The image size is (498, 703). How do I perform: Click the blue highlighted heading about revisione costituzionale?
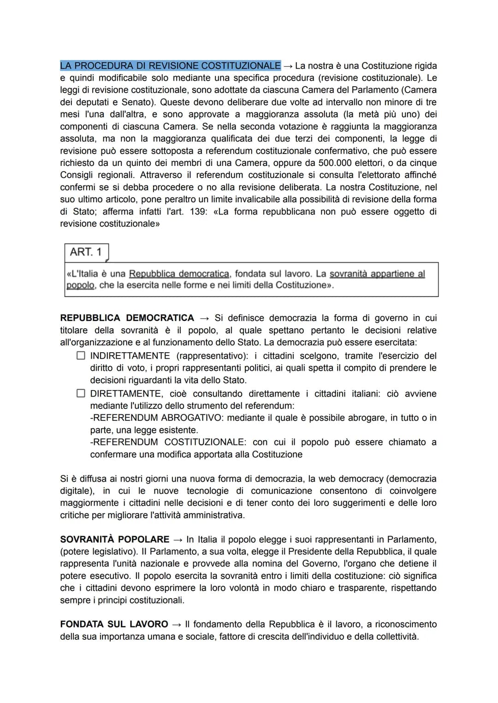click(170, 65)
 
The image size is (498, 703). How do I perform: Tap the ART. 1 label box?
click(86, 252)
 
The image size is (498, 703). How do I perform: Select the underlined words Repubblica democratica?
click(179, 274)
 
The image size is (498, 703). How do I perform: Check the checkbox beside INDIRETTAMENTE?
click(81, 356)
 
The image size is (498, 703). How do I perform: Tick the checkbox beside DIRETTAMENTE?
click(81, 394)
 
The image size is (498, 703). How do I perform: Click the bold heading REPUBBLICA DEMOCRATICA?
click(127, 318)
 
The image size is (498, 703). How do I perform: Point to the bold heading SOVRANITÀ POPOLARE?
click(115, 539)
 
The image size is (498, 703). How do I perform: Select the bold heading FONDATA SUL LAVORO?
click(114, 624)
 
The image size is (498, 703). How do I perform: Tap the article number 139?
click(199, 212)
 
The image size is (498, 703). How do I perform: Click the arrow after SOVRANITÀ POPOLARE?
click(178, 539)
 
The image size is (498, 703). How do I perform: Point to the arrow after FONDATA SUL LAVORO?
click(177, 624)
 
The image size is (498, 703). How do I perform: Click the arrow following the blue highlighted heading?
click(288, 65)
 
